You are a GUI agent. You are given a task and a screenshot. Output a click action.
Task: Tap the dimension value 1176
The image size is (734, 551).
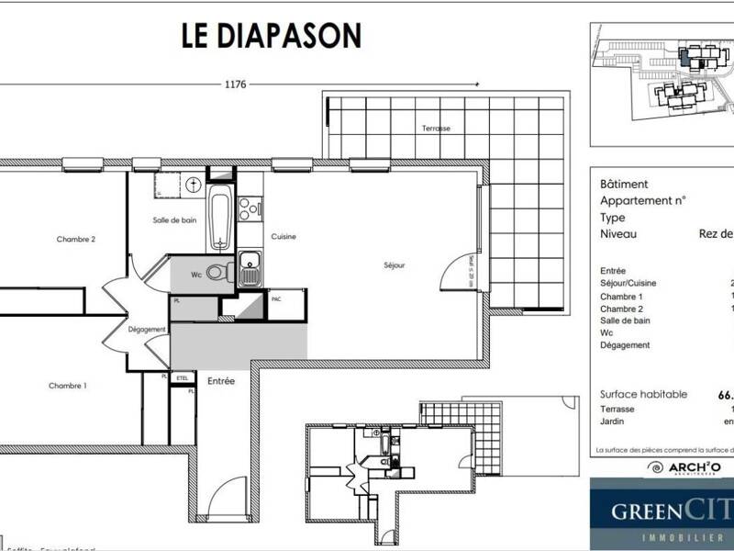pos(236,84)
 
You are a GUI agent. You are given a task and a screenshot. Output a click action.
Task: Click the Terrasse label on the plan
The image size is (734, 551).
pos(435,128)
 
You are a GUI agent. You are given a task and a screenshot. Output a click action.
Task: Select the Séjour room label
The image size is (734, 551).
pos(395,265)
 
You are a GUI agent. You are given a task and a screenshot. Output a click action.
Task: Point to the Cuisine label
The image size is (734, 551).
pos(283,237)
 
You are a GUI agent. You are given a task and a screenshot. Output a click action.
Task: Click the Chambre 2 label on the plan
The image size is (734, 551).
pos(76,239)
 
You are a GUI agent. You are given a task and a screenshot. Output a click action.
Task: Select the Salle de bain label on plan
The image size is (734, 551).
pos(174,220)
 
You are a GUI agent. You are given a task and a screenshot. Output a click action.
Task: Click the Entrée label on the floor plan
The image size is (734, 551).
pos(219,380)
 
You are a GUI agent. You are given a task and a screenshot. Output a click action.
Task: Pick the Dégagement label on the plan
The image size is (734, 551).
pos(147,330)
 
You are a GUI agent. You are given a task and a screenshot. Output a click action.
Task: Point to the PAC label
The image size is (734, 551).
pos(275,299)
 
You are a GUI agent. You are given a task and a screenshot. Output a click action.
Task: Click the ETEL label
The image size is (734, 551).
pos(182,377)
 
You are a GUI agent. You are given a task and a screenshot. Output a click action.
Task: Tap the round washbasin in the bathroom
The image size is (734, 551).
pos(193,185)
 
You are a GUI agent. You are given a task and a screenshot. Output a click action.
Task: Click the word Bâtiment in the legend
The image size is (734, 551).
pos(624,185)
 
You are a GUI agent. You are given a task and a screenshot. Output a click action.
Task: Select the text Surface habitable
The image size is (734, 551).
pos(642,394)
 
